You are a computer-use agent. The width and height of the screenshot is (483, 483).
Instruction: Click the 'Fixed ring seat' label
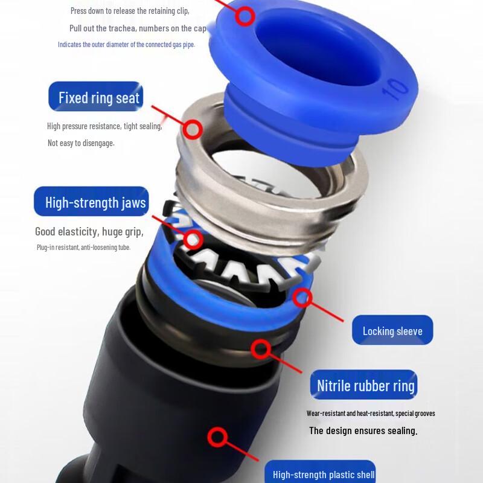[x=96, y=97]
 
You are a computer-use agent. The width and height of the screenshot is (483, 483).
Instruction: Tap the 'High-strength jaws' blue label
[x=92, y=202]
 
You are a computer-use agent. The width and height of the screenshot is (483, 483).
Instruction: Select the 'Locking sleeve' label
[x=392, y=330]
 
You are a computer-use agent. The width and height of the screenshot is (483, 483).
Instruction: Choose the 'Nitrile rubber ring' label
[x=364, y=385]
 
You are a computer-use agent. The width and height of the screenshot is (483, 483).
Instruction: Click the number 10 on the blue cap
[x=395, y=89]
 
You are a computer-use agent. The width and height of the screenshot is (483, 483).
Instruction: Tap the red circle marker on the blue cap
[x=245, y=16]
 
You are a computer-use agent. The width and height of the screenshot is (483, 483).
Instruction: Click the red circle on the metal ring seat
[x=193, y=129]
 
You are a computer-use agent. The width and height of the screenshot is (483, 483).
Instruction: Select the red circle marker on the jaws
[x=193, y=239]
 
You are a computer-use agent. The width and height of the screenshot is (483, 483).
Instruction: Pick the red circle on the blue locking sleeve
[x=302, y=298]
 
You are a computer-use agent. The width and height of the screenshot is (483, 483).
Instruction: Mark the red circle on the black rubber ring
[x=261, y=350]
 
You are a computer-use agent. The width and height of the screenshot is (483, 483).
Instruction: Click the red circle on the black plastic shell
[x=217, y=437]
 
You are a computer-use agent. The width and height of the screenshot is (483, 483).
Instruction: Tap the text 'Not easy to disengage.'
[x=81, y=143]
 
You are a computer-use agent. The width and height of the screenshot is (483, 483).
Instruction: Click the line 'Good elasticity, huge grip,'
[x=89, y=232]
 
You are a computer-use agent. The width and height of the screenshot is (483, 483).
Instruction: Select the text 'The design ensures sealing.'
[x=363, y=430]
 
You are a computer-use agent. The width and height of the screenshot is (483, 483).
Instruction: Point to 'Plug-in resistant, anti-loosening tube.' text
[x=83, y=248]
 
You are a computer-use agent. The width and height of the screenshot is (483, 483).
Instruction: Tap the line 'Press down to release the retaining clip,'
[x=130, y=11]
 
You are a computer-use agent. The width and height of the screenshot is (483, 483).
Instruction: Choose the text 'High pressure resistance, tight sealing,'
[x=104, y=126]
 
